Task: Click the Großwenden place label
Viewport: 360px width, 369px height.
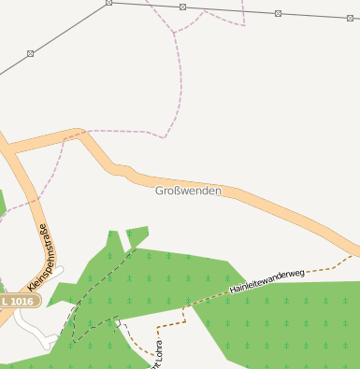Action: point(189,191)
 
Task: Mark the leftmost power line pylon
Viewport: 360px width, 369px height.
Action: point(30,53)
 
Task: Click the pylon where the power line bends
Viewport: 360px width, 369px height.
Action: point(109,3)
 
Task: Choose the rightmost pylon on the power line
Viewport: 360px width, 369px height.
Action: point(352,17)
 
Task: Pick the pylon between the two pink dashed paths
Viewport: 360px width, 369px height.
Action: point(183,7)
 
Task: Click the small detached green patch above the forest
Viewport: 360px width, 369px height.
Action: point(137,235)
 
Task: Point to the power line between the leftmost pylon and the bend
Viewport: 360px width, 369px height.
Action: point(70,28)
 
